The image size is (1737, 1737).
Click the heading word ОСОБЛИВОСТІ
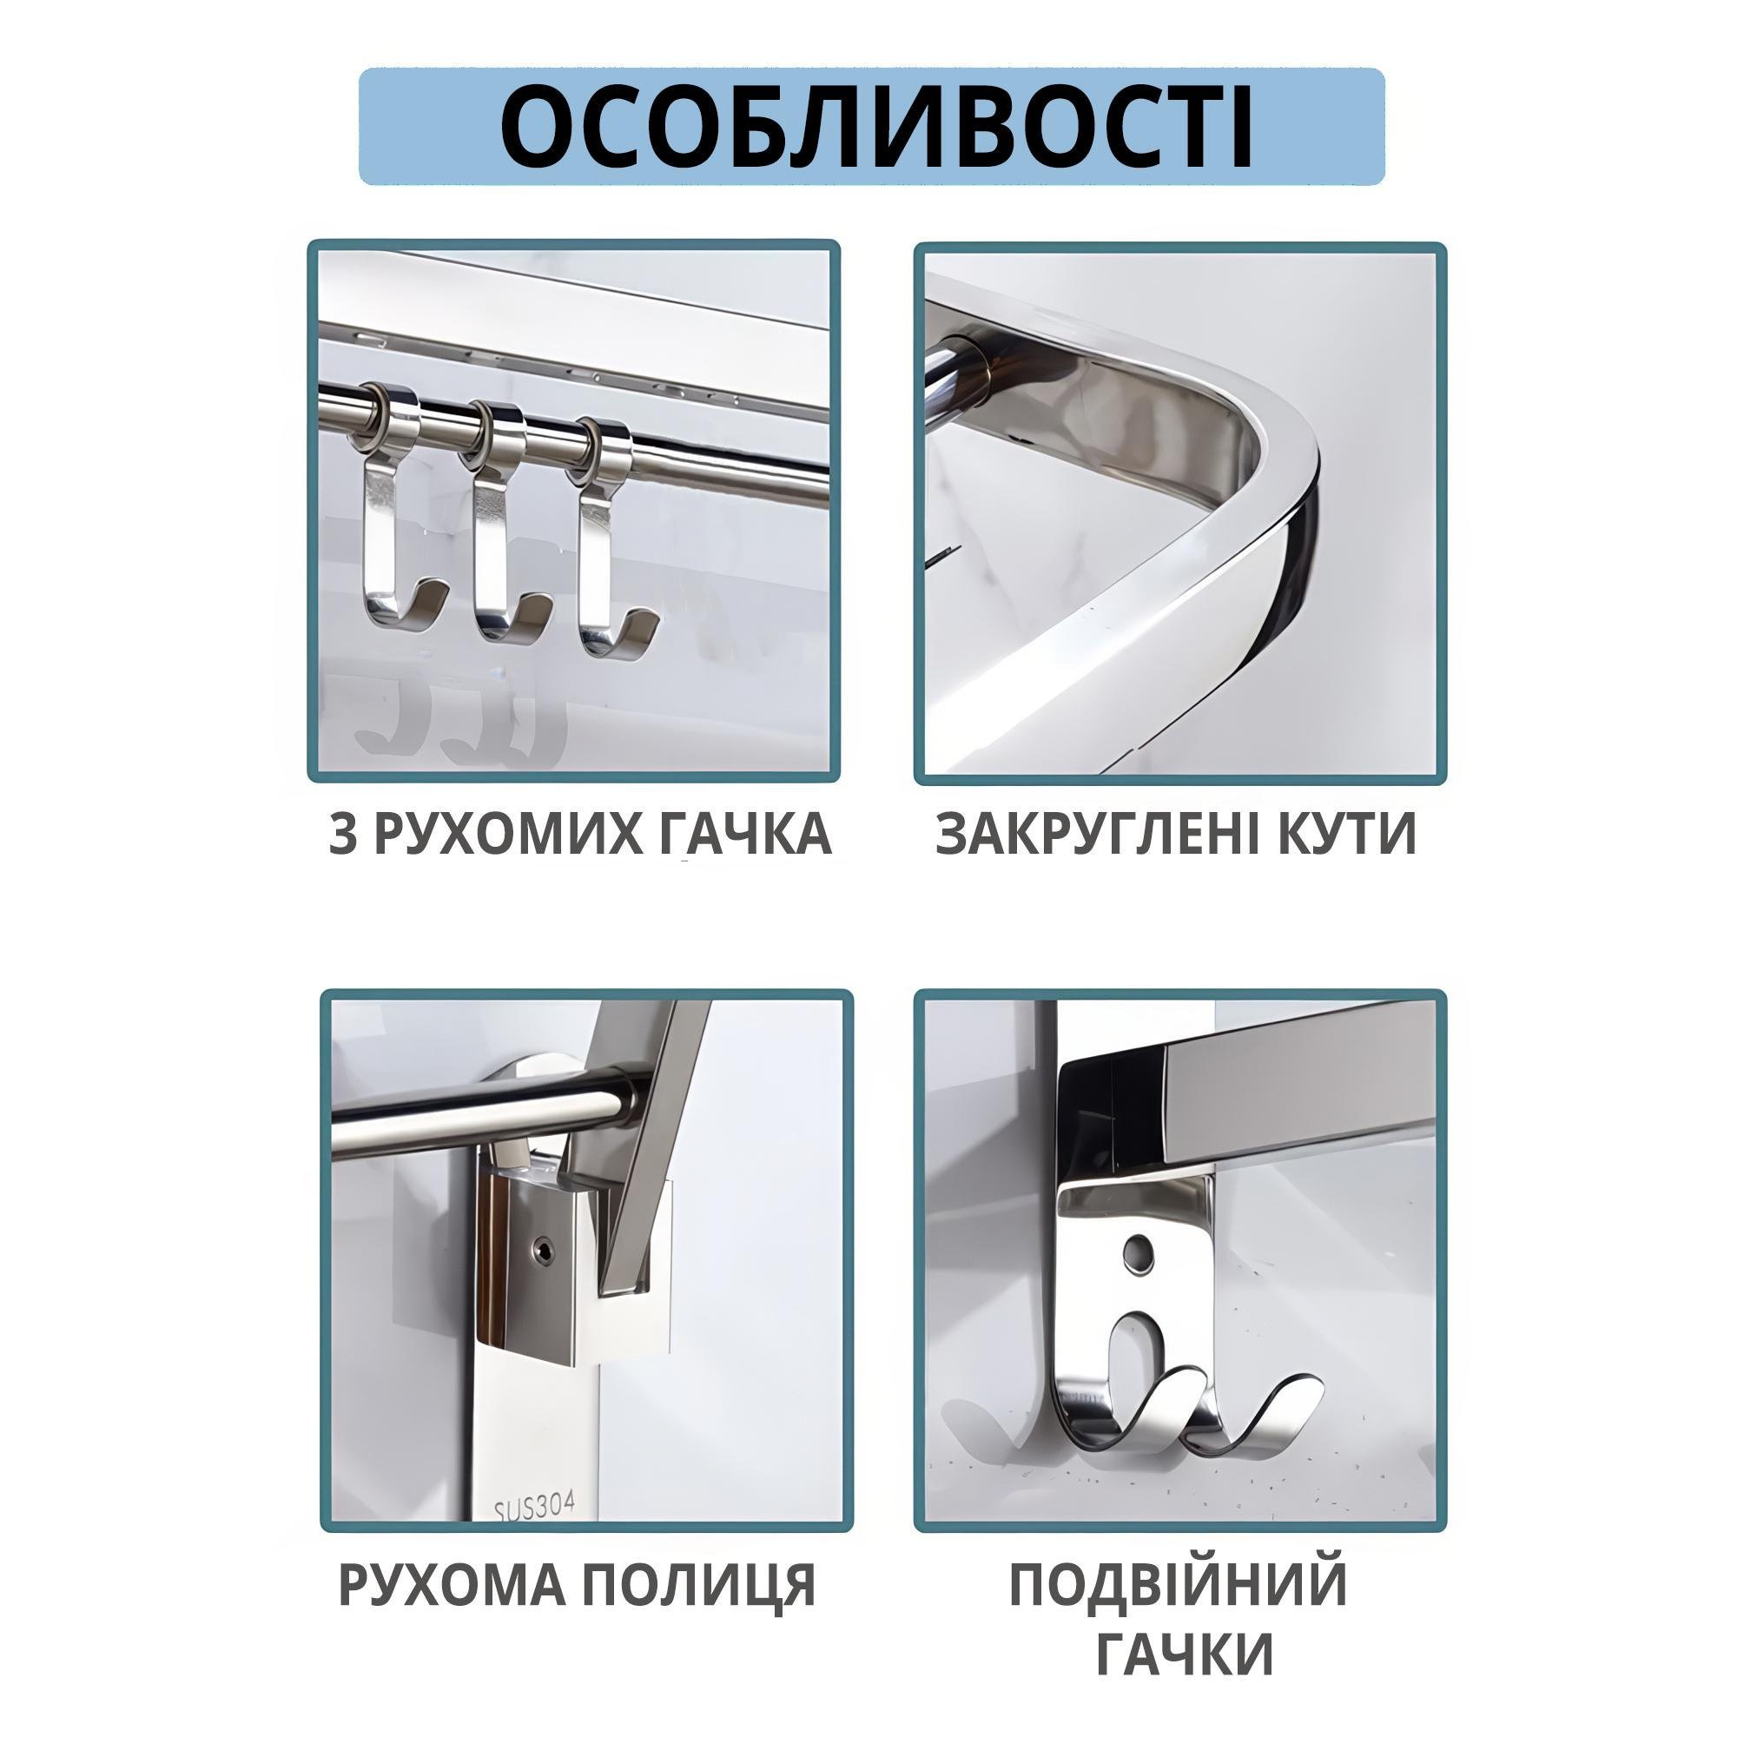click(x=875, y=126)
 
